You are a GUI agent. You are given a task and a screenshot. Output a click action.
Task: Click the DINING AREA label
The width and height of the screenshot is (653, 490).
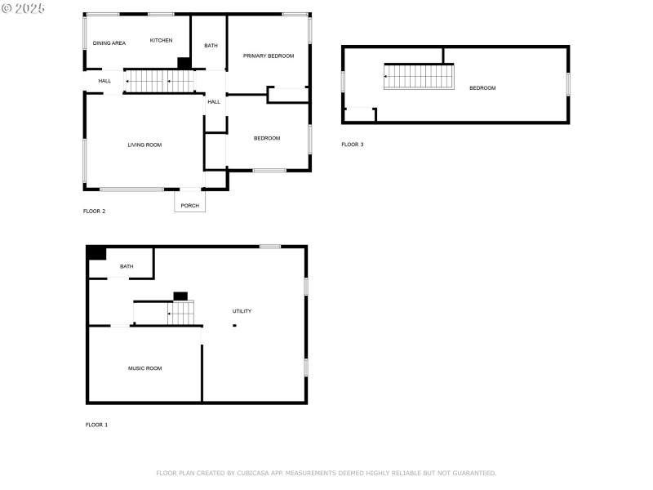[x=109, y=42]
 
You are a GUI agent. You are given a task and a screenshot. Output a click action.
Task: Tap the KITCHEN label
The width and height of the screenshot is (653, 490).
[x=161, y=40]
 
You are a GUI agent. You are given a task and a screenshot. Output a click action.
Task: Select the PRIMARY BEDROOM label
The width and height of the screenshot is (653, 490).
[x=269, y=56]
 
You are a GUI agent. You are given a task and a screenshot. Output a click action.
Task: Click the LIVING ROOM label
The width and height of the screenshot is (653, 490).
[x=144, y=145]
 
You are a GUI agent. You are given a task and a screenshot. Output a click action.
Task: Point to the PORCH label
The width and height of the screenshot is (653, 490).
[x=189, y=205]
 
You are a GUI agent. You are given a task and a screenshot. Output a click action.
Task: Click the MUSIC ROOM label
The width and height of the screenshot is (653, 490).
[x=144, y=368]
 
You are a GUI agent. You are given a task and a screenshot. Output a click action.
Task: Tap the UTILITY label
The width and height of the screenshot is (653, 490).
[x=242, y=311]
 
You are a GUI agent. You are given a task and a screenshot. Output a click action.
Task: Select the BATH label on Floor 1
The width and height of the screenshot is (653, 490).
[x=127, y=266]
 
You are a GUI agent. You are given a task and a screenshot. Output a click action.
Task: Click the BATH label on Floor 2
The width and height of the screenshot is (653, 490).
[x=211, y=46]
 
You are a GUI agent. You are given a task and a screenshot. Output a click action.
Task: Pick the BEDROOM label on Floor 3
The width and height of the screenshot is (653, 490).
[x=482, y=88]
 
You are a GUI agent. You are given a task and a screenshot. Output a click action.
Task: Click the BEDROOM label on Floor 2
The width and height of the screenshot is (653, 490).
[x=267, y=138]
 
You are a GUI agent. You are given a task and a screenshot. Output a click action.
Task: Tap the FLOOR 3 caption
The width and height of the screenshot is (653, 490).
[x=353, y=145]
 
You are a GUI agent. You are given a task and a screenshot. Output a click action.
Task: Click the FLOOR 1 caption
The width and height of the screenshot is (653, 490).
[x=96, y=425]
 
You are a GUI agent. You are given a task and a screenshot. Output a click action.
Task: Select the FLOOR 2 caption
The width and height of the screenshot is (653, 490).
[x=94, y=211]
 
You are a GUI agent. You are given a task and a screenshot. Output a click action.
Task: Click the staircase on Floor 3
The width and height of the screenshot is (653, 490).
[x=419, y=77]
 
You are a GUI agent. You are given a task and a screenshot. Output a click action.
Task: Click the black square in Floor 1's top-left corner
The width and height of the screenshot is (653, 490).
[x=96, y=253]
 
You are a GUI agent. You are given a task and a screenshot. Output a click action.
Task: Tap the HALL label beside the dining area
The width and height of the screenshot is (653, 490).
[x=104, y=81]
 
